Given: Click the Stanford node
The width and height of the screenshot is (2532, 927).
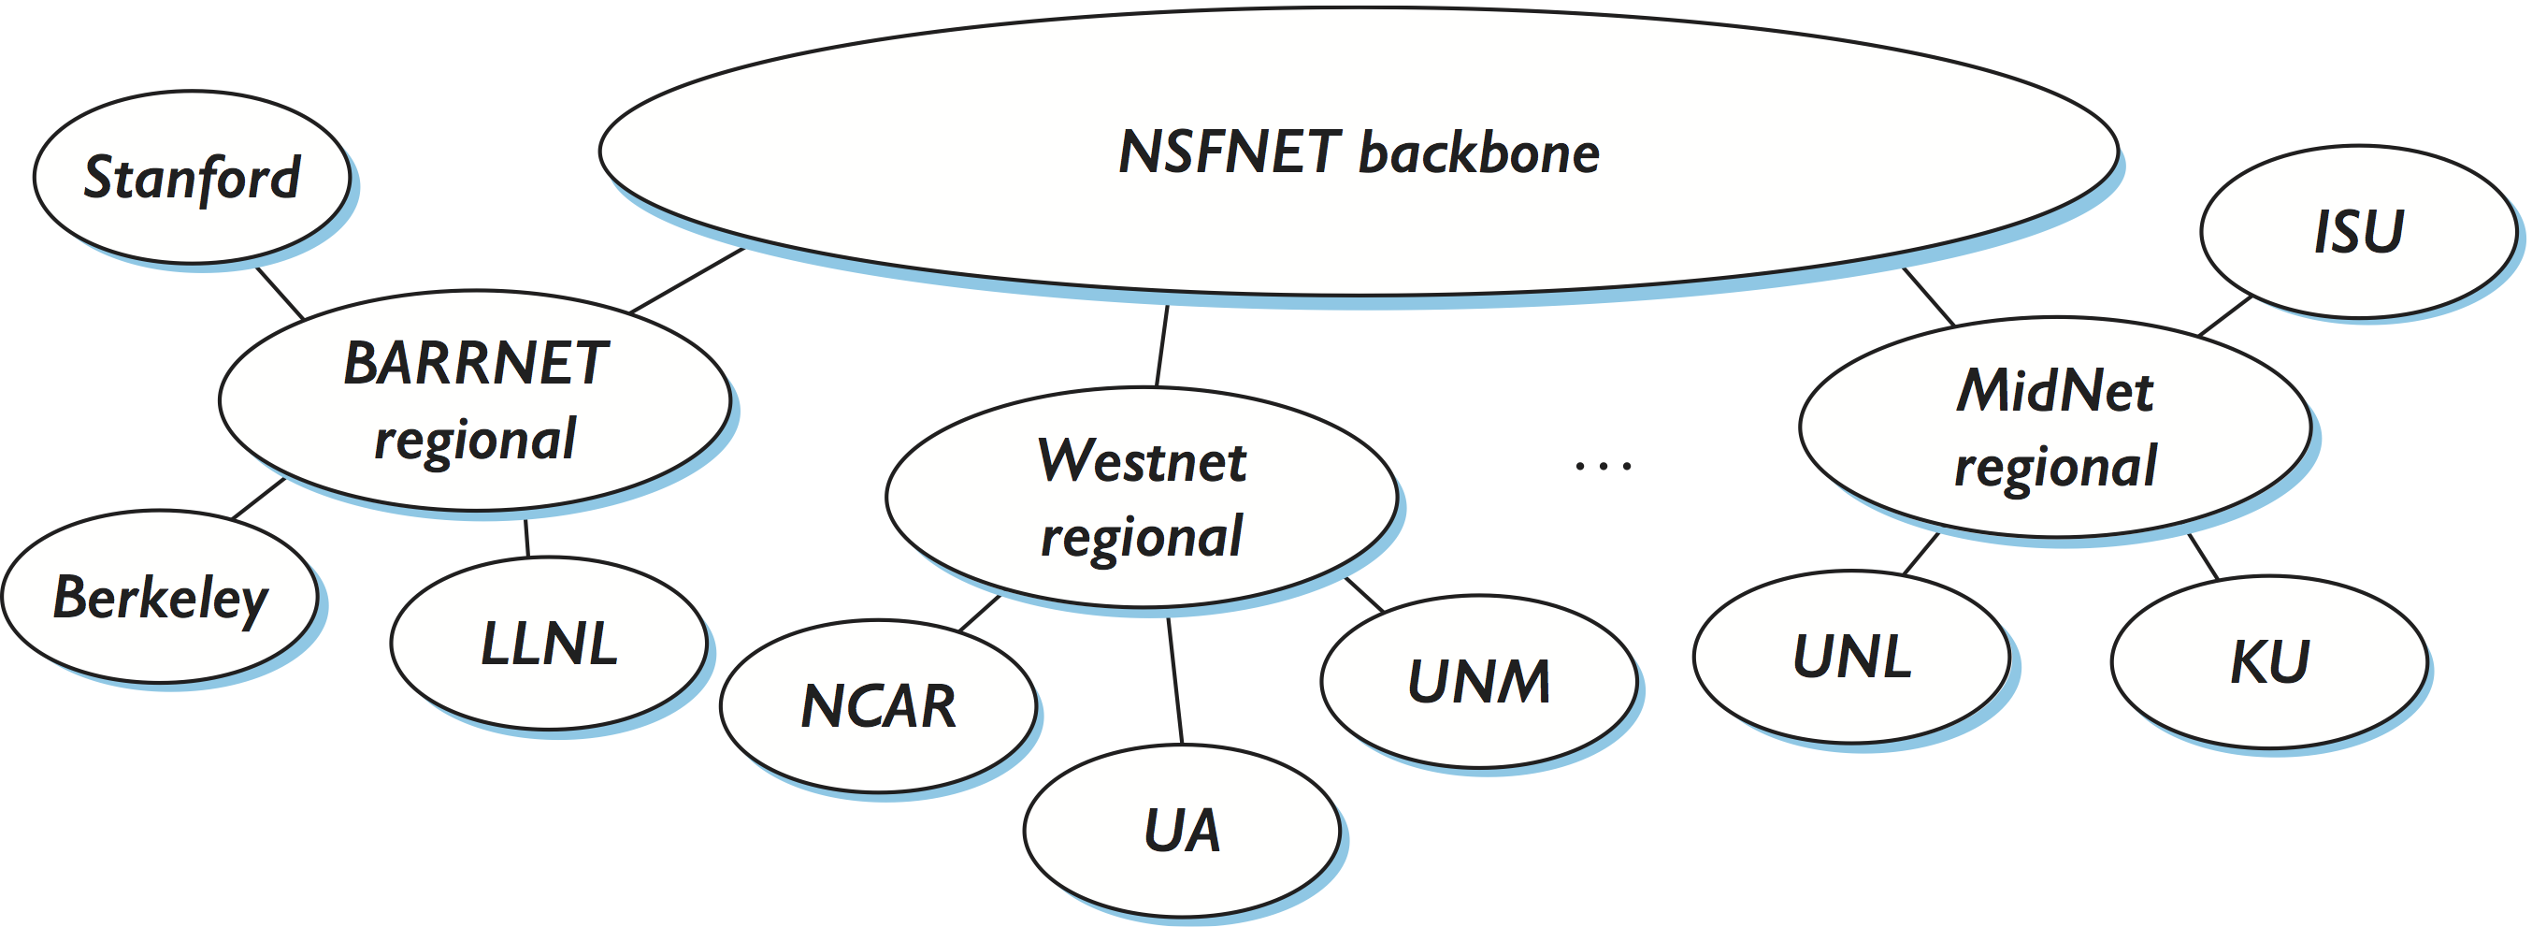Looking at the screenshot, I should (x=192, y=177).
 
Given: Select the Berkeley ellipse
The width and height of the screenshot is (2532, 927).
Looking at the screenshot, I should (x=160, y=596).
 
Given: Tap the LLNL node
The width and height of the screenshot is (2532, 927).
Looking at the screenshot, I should (x=549, y=643).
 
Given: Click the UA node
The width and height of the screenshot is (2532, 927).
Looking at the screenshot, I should (x=1182, y=830).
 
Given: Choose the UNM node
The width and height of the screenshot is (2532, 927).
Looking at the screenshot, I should (x=1478, y=680).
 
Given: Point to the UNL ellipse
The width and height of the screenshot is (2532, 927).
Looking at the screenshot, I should (x=1852, y=656).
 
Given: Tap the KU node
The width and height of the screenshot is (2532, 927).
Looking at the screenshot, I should (x=2269, y=660).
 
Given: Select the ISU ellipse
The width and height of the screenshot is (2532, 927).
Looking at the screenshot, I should (x=2358, y=231).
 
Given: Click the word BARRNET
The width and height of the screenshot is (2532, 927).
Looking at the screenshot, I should (x=476, y=363).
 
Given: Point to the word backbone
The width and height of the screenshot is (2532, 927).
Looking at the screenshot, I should (x=1478, y=153).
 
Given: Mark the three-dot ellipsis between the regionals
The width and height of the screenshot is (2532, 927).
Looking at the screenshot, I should (x=1604, y=465).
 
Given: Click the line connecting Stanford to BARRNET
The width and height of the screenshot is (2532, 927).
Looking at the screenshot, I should (x=280, y=292).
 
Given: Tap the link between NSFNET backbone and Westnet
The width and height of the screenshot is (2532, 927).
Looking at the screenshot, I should (x=1162, y=345).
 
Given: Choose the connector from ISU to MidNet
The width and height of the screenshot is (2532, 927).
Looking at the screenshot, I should (x=2225, y=314).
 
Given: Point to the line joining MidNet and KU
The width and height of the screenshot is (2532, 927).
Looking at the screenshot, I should (x=2203, y=557).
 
